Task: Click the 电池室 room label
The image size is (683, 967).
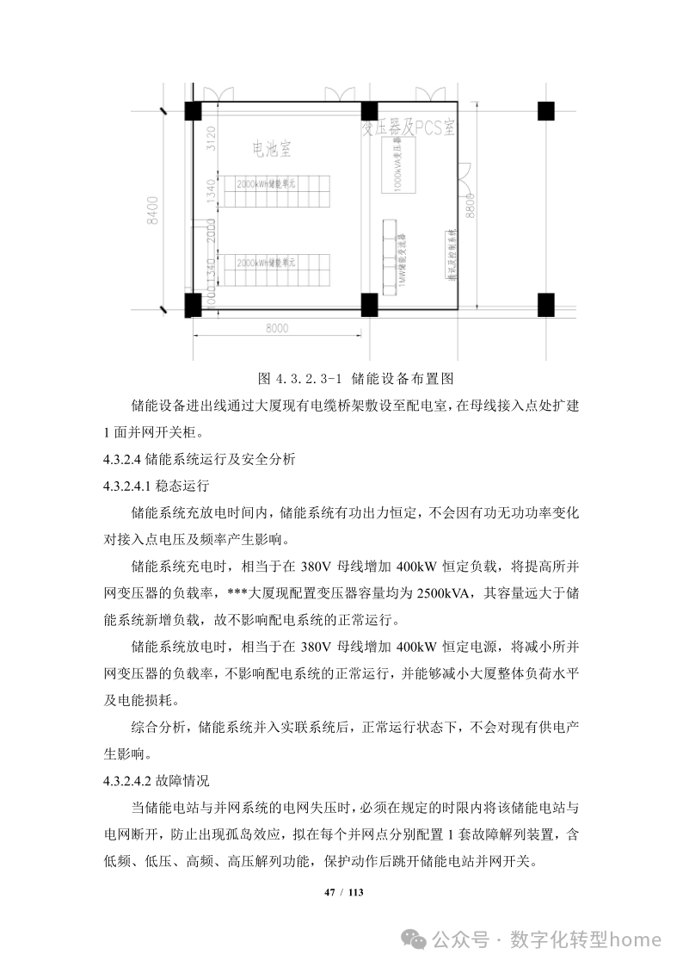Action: pyautogui.click(x=270, y=150)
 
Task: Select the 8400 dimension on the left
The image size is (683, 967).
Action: pyautogui.click(x=153, y=210)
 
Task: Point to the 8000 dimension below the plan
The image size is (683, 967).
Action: pyautogui.click(x=276, y=327)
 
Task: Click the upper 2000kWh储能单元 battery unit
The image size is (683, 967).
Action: pyautogui.click(x=266, y=185)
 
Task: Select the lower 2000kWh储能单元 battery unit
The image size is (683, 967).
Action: pyautogui.click(x=266, y=262)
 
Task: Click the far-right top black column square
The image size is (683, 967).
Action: pyautogui.click(x=545, y=110)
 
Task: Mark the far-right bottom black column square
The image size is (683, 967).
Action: pyautogui.click(x=545, y=303)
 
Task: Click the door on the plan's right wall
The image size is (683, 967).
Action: pyautogui.click(x=465, y=177)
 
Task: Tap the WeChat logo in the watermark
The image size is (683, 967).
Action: pyautogui.click(x=419, y=939)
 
